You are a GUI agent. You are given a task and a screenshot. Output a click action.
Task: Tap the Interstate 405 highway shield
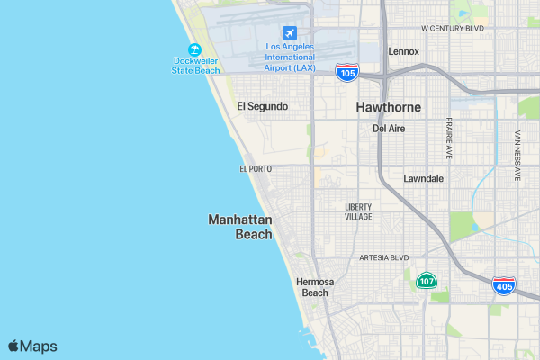[504, 286]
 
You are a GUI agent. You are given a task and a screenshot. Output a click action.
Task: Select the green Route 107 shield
[427, 281]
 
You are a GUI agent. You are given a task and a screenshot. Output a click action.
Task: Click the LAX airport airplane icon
[289, 32]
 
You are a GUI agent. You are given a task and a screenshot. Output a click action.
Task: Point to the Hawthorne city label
[388, 107]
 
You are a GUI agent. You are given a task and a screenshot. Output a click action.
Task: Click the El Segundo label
[262, 106]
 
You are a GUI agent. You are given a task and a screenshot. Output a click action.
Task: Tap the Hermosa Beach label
[315, 287]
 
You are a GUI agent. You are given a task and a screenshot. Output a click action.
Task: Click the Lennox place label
[403, 51]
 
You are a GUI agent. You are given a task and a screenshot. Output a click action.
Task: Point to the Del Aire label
[389, 129]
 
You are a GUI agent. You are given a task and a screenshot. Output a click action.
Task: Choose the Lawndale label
[423, 178]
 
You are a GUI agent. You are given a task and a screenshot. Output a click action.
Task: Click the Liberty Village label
[358, 211]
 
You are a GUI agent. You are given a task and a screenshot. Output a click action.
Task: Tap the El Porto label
[256, 168]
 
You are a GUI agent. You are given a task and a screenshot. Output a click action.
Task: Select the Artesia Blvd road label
[384, 257]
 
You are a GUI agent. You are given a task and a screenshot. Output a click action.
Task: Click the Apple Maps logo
[32, 346]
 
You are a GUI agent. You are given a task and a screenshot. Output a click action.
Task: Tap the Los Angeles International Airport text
[290, 57]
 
